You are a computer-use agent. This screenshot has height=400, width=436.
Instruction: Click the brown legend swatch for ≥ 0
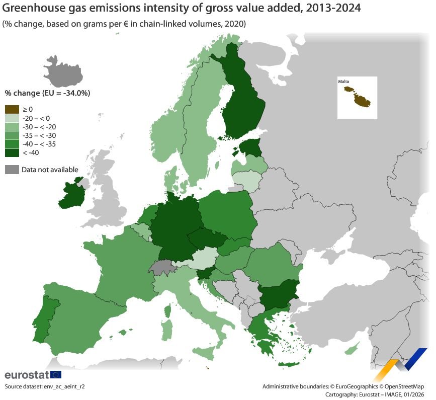(12, 109)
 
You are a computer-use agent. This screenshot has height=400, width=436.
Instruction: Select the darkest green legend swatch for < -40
(12, 152)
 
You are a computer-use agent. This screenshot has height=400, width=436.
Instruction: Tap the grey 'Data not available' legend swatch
(12, 170)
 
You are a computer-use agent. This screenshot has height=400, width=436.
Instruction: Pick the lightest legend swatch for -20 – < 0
(12, 118)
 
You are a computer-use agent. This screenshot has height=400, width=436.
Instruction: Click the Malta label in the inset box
(343, 81)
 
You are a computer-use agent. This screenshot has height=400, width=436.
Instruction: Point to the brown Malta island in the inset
(360, 98)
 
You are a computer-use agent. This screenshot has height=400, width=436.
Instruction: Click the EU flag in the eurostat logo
(55, 374)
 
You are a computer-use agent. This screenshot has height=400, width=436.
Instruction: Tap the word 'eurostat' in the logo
(26, 375)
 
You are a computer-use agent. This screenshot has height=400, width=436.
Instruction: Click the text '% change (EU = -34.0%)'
(47, 93)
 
